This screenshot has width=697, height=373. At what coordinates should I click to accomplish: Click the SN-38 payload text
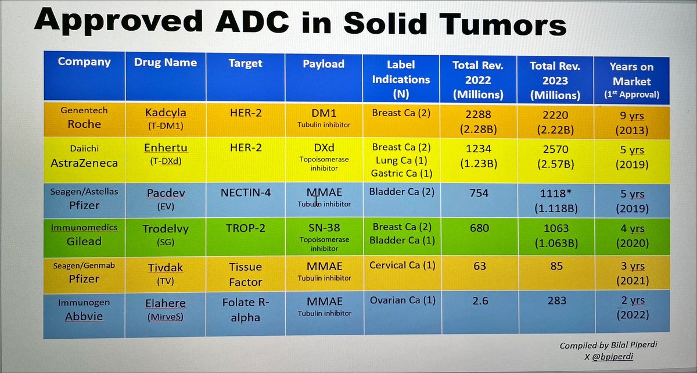322,229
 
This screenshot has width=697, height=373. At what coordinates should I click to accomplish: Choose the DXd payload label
323,148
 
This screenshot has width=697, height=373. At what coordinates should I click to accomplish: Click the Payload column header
324,64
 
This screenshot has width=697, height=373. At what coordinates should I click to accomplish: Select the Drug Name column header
166,63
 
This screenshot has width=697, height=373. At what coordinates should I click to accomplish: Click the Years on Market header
631,74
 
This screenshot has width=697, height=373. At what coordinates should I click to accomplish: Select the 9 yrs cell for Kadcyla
631,115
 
